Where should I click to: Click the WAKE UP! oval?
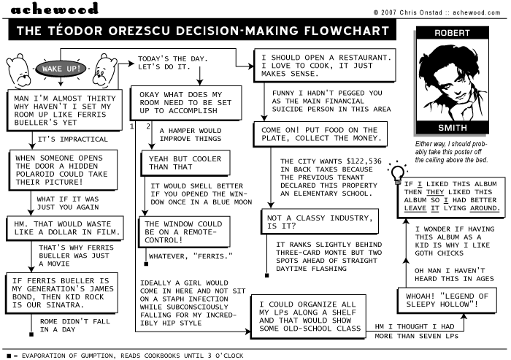click(62, 69)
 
